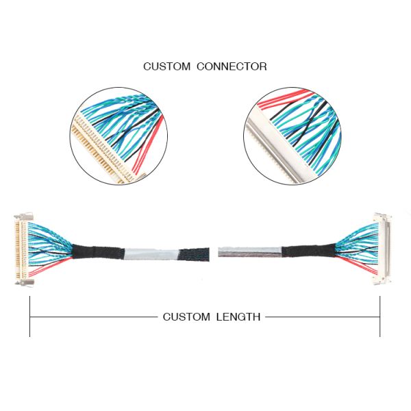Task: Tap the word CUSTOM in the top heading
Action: point(167,66)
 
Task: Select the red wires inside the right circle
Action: point(274,103)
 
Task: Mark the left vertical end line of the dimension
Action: point(29,316)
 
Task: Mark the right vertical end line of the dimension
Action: point(380,316)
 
